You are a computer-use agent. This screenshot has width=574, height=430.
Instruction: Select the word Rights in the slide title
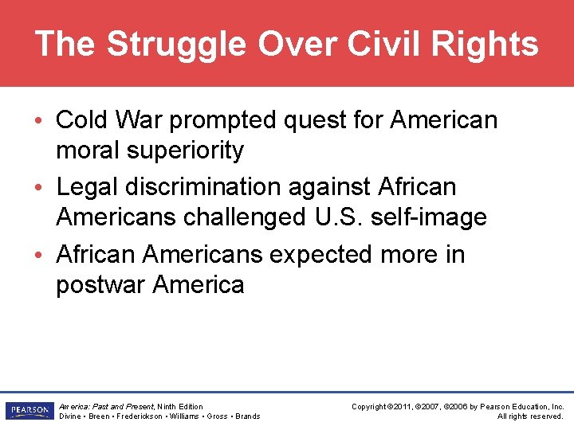point(493,45)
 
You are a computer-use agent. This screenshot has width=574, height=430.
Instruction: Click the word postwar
point(100,284)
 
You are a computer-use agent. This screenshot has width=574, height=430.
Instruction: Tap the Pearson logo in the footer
point(28,411)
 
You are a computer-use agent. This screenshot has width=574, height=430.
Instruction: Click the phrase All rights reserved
point(530,416)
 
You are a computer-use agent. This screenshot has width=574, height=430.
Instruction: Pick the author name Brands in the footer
point(248,416)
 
